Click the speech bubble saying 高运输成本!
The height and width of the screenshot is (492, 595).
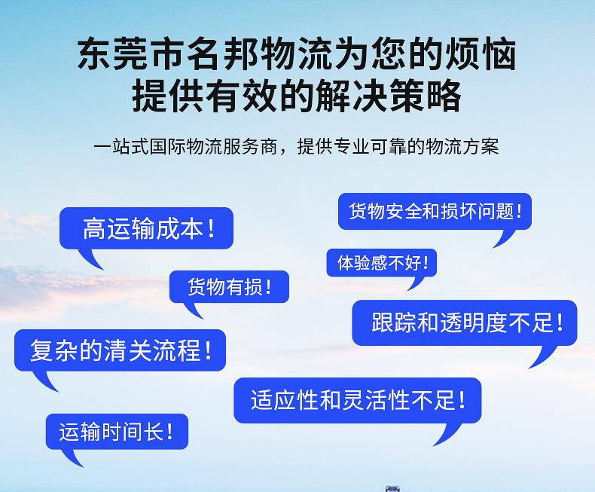(x=146, y=228)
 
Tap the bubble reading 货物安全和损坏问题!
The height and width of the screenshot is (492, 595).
(x=435, y=212)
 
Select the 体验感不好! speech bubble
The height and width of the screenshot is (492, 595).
(x=381, y=263)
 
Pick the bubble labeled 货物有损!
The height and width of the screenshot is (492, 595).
(x=229, y=286)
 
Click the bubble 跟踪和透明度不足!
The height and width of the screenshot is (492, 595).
(x=465, y=322)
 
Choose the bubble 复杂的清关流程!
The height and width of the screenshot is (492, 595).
(x=120, y=350)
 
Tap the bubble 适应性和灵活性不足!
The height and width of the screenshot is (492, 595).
(x=358, y=400)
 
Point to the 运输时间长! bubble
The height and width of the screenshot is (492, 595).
(x=117, y=432)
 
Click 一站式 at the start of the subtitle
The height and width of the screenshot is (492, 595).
(x=121, y=146)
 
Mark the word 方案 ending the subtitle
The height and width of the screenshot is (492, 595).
(x=481, y=146)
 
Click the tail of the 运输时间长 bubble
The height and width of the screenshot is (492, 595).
(x=72, y=458)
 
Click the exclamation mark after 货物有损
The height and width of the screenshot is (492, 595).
(x=269, y=286)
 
